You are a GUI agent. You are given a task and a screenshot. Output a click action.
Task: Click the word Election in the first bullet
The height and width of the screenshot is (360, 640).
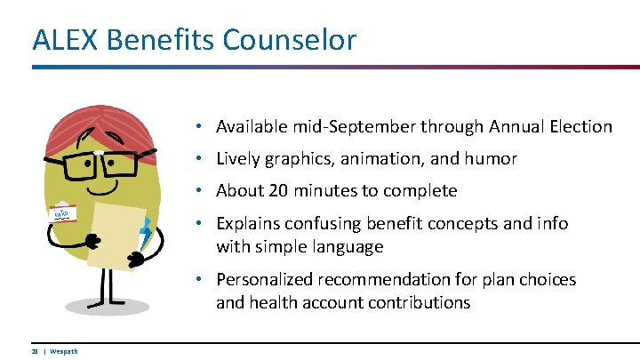(580, 127)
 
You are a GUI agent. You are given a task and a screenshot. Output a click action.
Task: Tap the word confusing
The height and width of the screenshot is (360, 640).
(324, 223)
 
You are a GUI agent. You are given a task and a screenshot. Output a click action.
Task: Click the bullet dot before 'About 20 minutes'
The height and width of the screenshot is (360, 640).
(203, 191)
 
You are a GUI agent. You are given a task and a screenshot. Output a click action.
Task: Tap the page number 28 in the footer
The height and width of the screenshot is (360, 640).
(35, 351)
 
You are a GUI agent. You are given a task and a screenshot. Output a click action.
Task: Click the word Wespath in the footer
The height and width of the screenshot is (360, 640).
(64, 351)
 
